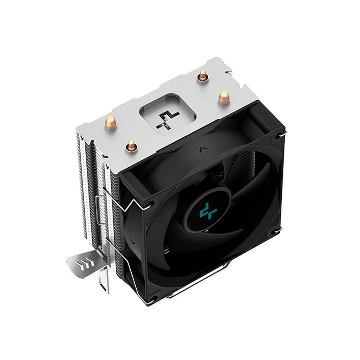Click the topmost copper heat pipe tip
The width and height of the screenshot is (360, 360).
click(203, 76)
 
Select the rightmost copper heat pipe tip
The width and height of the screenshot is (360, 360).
click(223, 97)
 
